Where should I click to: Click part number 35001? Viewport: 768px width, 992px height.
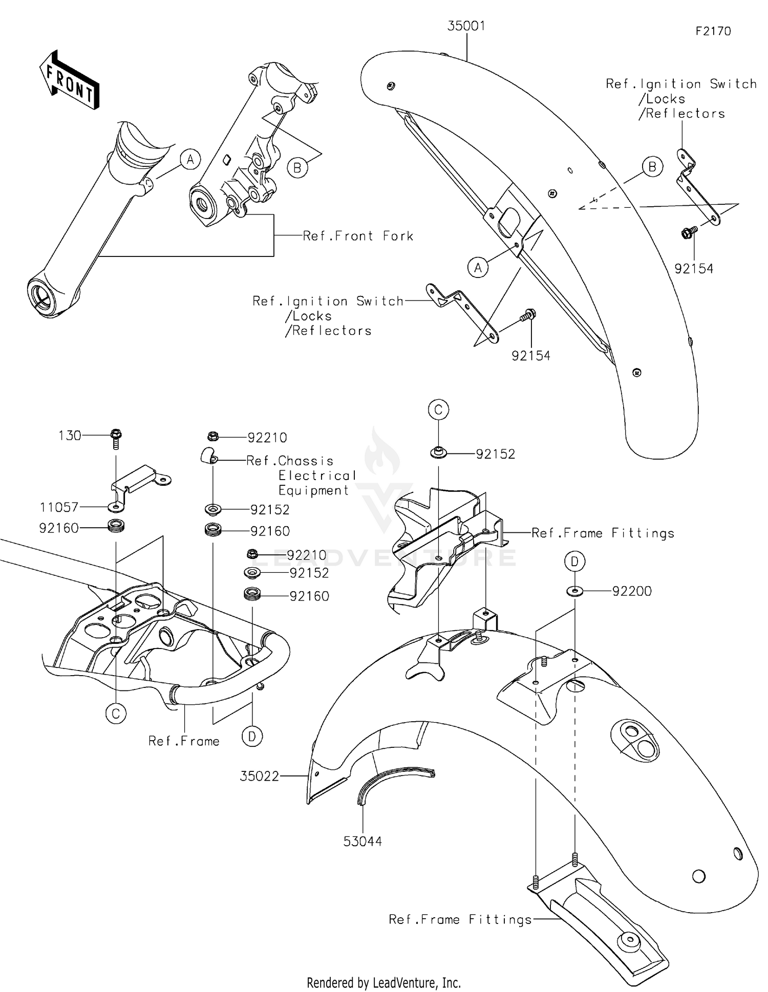(x=466, y=26)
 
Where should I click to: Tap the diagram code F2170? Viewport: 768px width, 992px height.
(x=713, y=31)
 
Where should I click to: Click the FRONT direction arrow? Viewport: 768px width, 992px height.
(x=70, y=80)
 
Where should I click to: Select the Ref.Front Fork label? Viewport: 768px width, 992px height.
(x=358, y=236)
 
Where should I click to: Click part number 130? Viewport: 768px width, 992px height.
(x=70, y=436)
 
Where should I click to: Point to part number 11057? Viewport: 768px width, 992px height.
(x=59, y=507)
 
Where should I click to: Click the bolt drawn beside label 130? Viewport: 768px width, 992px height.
(x=116, y=438)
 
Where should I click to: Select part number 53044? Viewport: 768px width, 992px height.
(x=362, y=842)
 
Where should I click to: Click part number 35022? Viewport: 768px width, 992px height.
(x=260, y=777)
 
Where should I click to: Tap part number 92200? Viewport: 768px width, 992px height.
(x=632, y=591)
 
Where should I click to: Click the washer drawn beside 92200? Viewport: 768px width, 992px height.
(x=574, y=592)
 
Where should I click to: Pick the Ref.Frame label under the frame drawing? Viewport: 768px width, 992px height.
(x=184, y=741)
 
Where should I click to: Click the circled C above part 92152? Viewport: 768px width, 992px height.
(x=439, y=410)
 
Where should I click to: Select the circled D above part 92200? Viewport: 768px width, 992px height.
(x=574, y=562)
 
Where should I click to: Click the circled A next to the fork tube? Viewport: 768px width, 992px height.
(x=190, y=160)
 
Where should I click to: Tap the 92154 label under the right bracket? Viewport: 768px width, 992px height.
(x=694, y=269)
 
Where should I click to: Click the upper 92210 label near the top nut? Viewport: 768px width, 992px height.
(x=267, y=438)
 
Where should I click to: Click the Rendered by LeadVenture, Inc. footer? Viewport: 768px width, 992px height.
(x=383, y=982)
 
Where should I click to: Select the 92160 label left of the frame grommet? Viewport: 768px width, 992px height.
(x=59, y=528)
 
